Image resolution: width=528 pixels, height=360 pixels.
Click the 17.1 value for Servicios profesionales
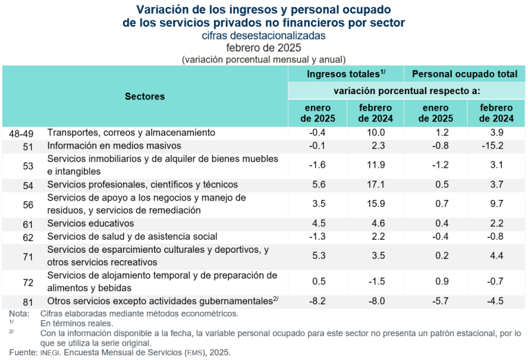(x=375, y=184)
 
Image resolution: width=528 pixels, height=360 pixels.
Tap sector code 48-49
(x=16, y=132)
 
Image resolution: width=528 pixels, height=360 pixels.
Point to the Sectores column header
(x=144, y=96)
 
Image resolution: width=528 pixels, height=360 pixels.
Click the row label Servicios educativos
(x=90, y=223)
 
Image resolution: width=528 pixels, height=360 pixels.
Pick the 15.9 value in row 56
(x=375, y=204)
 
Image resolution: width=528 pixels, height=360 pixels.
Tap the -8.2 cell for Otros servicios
(x=318, y=300)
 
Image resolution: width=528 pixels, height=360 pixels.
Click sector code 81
(x=28, y=300)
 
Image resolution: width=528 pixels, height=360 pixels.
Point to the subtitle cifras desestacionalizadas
(x=264, y=35)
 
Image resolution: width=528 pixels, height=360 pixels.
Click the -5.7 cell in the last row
(x=435, y=300)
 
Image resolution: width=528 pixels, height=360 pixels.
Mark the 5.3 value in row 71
(x=318, y=256)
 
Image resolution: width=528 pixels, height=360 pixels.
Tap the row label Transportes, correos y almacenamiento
(x=131, y=132)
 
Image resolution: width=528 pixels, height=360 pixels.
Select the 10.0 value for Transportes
(x=375, y=132)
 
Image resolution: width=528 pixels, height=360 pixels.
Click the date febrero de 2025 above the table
(x=264, y=47)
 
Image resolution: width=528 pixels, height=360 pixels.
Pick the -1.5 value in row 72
(x=375, y=281)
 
